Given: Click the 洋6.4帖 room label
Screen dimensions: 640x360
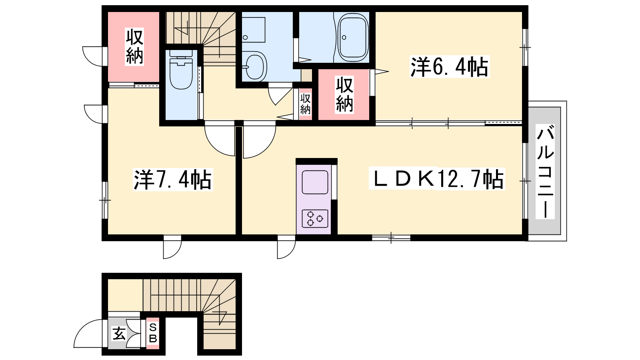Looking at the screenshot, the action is tap(450, 67).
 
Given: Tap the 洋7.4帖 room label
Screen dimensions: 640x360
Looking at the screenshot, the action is tap(173, 180).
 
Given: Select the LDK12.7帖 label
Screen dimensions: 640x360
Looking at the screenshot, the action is tap(437, 179).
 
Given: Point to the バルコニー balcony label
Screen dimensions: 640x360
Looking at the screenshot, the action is tap(545, 172).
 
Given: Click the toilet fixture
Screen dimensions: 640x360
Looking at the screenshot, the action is tap(181, 70).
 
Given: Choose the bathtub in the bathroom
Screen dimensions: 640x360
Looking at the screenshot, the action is tap(353, 37).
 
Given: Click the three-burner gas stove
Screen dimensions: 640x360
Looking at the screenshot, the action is tap(315, 218).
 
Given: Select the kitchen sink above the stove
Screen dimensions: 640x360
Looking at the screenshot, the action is tap(315, 182).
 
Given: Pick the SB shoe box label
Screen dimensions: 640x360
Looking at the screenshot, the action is tap(153, 333).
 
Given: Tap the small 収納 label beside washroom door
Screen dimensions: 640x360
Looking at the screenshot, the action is tap(305, 104).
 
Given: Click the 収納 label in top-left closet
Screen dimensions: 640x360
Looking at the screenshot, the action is tap(134, 47).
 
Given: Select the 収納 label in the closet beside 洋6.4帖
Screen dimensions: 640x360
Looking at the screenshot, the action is tap(344, 95).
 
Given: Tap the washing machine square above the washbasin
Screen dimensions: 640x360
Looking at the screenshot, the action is tap(254, 30).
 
